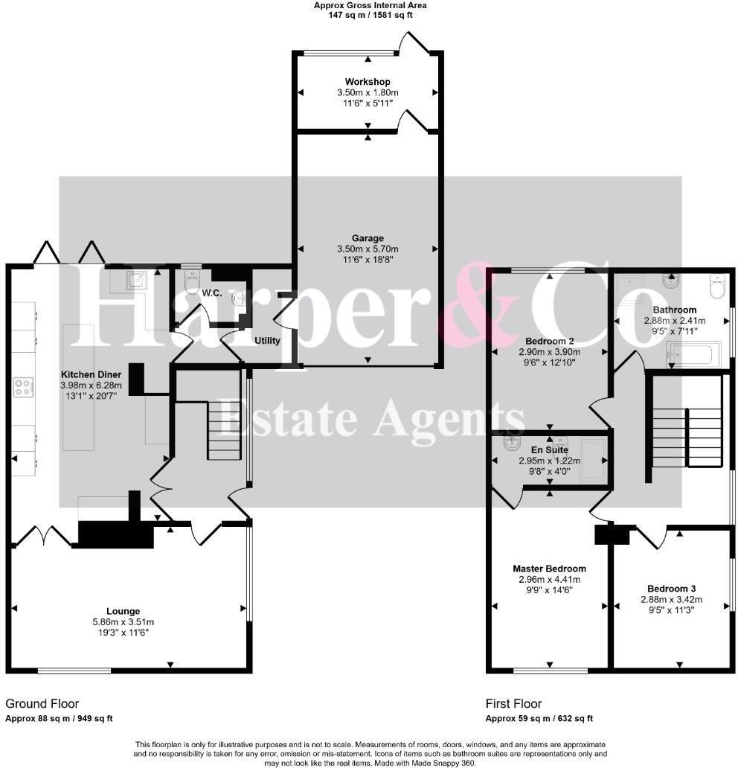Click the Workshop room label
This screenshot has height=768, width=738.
coord(368,82)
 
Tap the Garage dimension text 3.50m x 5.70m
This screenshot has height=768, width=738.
coord(368,249)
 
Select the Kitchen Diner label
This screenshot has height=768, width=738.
coord(91,375)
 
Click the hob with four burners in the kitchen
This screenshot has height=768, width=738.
coord(24,386)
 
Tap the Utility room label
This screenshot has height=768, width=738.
coord(267,340)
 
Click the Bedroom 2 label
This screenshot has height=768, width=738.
coord(549,341)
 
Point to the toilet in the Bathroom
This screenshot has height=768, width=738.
coord(717,286)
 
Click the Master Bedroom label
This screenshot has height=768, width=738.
coord(548,569)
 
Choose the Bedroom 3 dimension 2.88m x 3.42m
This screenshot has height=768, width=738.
coord(671,599)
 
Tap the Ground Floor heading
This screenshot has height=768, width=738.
coord(42,703)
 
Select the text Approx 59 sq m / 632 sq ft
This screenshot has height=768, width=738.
coord(539,719)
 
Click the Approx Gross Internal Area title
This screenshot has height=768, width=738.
coord(370,5)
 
